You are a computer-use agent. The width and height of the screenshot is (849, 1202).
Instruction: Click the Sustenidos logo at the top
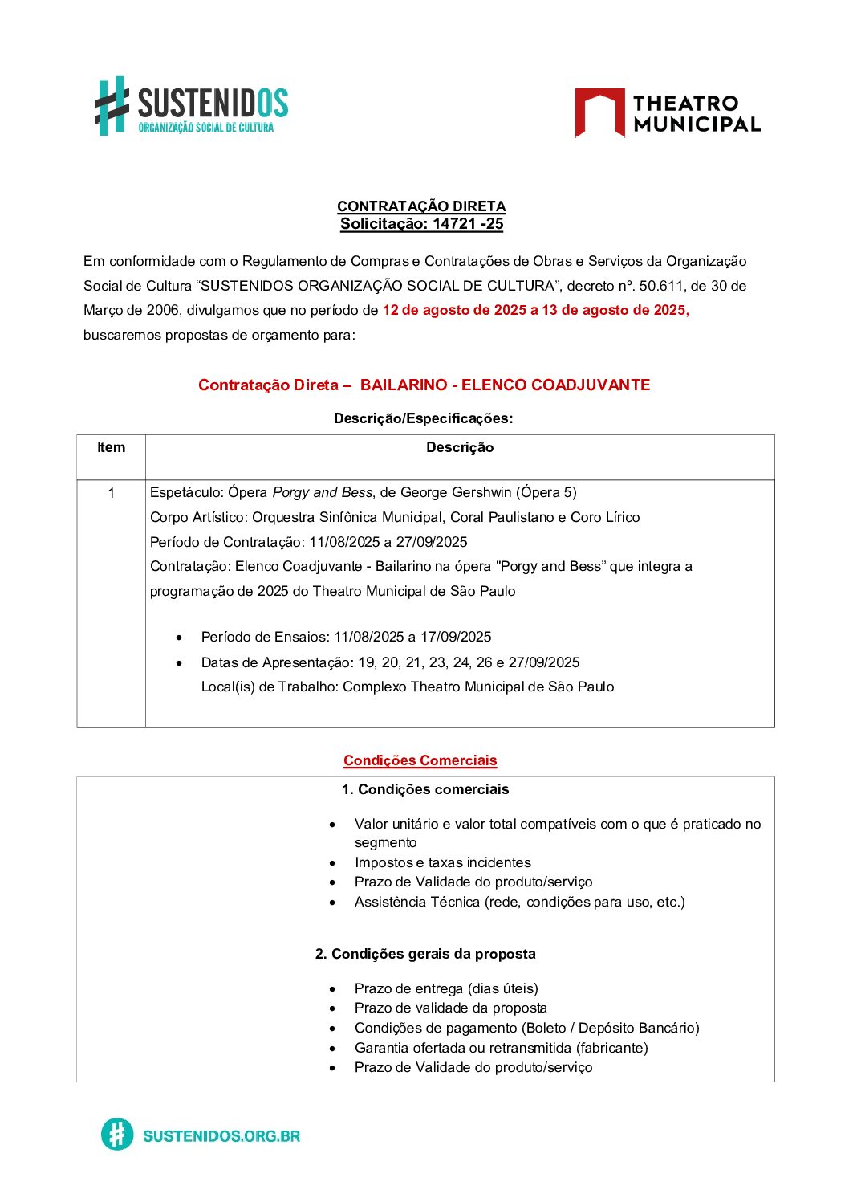pos(191,107)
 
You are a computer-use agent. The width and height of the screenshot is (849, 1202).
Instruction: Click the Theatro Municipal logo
pos(667,113)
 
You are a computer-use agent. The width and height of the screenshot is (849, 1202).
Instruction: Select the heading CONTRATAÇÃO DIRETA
pos(421,206)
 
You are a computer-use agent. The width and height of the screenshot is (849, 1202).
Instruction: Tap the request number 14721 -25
pos(467,224)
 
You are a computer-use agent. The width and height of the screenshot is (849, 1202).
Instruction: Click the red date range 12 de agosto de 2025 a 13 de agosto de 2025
pos(535,310)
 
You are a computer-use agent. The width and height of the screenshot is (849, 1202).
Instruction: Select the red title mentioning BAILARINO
pos(424,385)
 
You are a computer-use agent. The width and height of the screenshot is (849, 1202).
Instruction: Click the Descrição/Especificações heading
pos(423,418)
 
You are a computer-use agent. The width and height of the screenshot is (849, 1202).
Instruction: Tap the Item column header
pos(111,448)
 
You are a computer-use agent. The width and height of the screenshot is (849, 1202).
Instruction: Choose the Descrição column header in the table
pos(460,448)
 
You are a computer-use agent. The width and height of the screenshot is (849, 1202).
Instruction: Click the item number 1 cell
pos(111,493)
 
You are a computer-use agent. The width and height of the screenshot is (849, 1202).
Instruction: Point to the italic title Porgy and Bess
pos(322,492)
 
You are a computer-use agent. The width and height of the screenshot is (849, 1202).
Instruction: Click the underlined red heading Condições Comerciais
pos(420,760)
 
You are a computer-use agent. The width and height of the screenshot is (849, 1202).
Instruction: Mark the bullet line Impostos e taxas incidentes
pos(442,862)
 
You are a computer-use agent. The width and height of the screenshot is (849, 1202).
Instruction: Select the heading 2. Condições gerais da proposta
pos(425,954)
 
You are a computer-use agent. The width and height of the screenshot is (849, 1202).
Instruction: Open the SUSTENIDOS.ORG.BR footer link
pos(221,1135)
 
